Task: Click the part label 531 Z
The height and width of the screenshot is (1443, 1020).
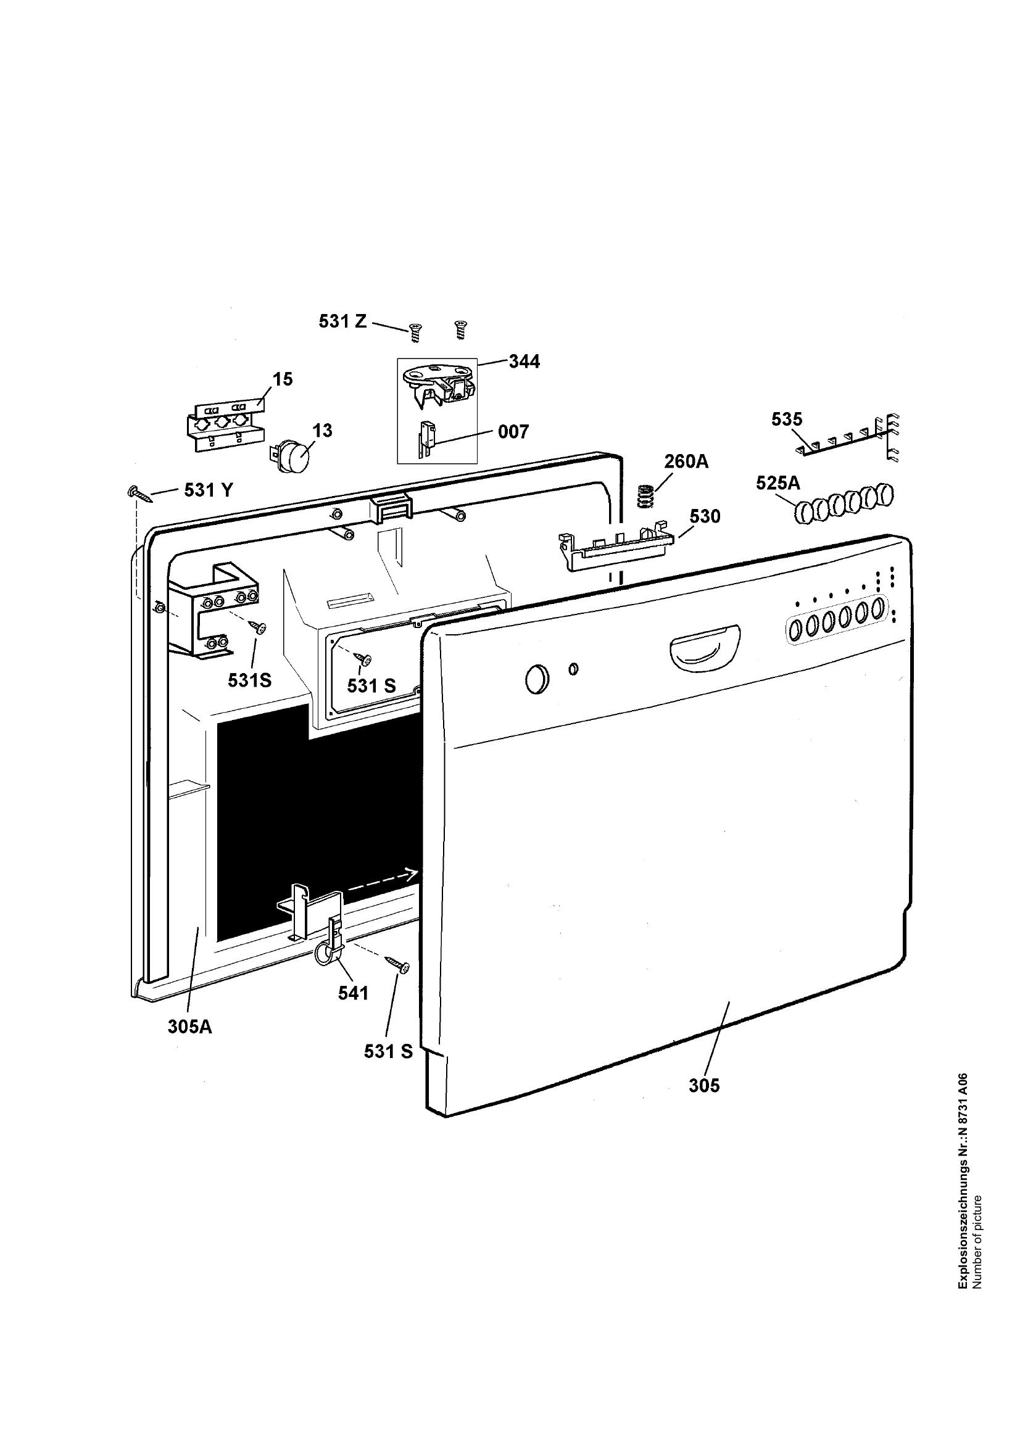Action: (342, 321)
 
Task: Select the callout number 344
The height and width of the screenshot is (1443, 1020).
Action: (524, 362)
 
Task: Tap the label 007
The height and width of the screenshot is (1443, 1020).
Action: (513, 432)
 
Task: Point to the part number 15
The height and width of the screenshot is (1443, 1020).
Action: (283, 379)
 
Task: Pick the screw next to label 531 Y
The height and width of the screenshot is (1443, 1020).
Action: (140, 494)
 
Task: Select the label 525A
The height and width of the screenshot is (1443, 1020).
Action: (778, 482)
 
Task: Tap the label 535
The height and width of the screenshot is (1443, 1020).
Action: (787, 419)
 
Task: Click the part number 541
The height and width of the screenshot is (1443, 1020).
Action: (352, 993)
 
